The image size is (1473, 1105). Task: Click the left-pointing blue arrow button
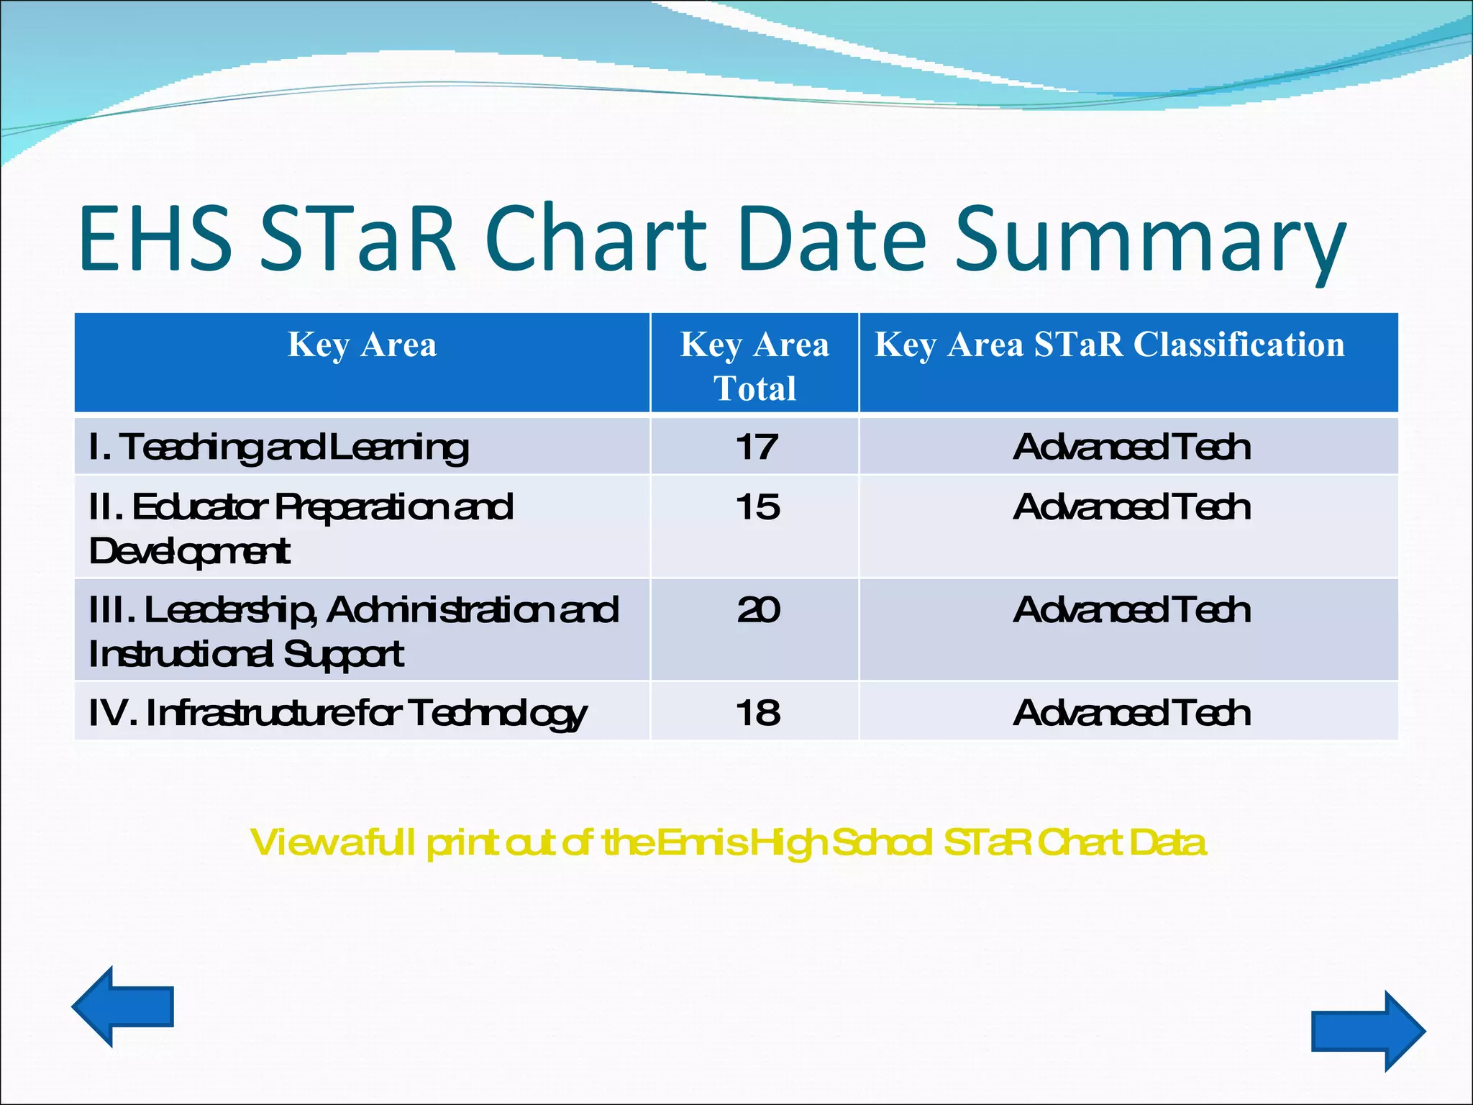(122, 1006)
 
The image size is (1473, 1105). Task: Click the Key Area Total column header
(754, 365)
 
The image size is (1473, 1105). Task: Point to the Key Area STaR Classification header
(1109, 344)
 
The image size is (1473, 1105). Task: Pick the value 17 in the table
(756, 447)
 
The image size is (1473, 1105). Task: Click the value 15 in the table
(757, 507)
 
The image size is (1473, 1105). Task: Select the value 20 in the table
(757, 610)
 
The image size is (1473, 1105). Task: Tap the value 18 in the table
(757, 713)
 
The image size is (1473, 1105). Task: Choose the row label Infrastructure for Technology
(338, 714)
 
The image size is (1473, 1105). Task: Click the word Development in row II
(189, 552)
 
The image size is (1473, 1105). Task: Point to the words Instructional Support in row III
(246, 655)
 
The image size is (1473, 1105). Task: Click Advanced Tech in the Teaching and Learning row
(1131, 447)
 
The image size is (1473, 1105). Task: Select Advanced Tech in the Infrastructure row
(1131, 713)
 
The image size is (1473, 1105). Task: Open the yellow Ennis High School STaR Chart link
(728, 842)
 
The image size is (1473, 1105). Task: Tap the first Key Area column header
(362, 344)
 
